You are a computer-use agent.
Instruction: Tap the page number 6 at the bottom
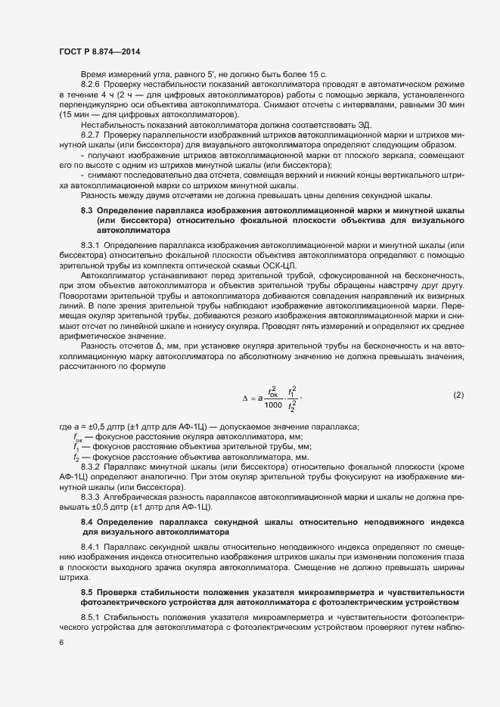click(x=61, y=642)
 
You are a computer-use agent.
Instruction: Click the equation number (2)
click(x=458, y=395)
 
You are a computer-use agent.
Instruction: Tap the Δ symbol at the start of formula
click(x=244, y=397)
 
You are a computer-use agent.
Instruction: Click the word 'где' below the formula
click(x=65, y=427)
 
